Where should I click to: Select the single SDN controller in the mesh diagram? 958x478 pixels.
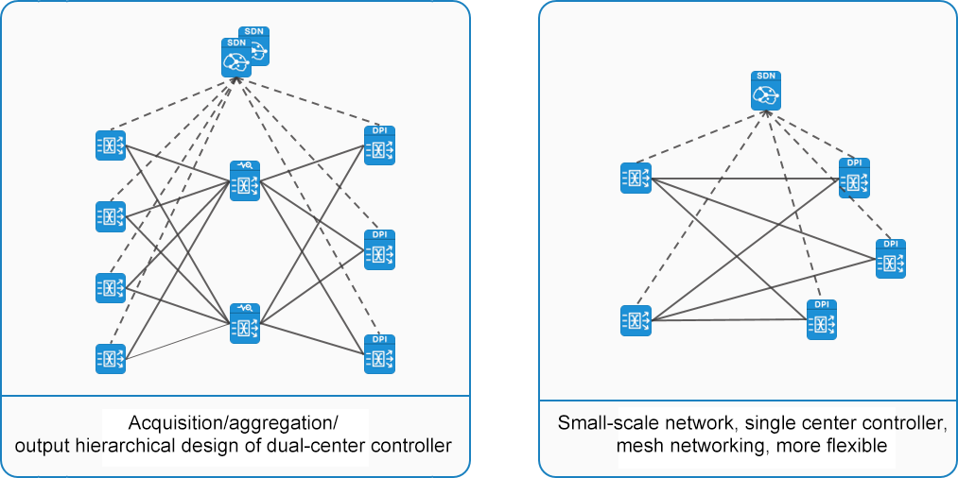[x=767, y=90]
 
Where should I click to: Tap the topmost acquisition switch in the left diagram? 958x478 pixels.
[x=111, y=145]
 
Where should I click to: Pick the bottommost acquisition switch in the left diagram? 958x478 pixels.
[x=111, y=359]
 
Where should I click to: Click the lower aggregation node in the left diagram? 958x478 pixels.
[x=244, y=323]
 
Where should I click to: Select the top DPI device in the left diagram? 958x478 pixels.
[x=379, y=145]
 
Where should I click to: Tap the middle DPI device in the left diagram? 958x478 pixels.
[x=379, y=250]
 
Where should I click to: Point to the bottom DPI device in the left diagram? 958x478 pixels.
[x=379, y=354]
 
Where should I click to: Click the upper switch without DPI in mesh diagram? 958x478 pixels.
[x=636, y=178]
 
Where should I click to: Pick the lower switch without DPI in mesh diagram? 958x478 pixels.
[x=636, y=320]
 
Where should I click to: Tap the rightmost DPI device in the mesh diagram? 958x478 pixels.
[x=890, y=259]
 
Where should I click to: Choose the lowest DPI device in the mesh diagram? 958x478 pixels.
[x=821, y=319]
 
